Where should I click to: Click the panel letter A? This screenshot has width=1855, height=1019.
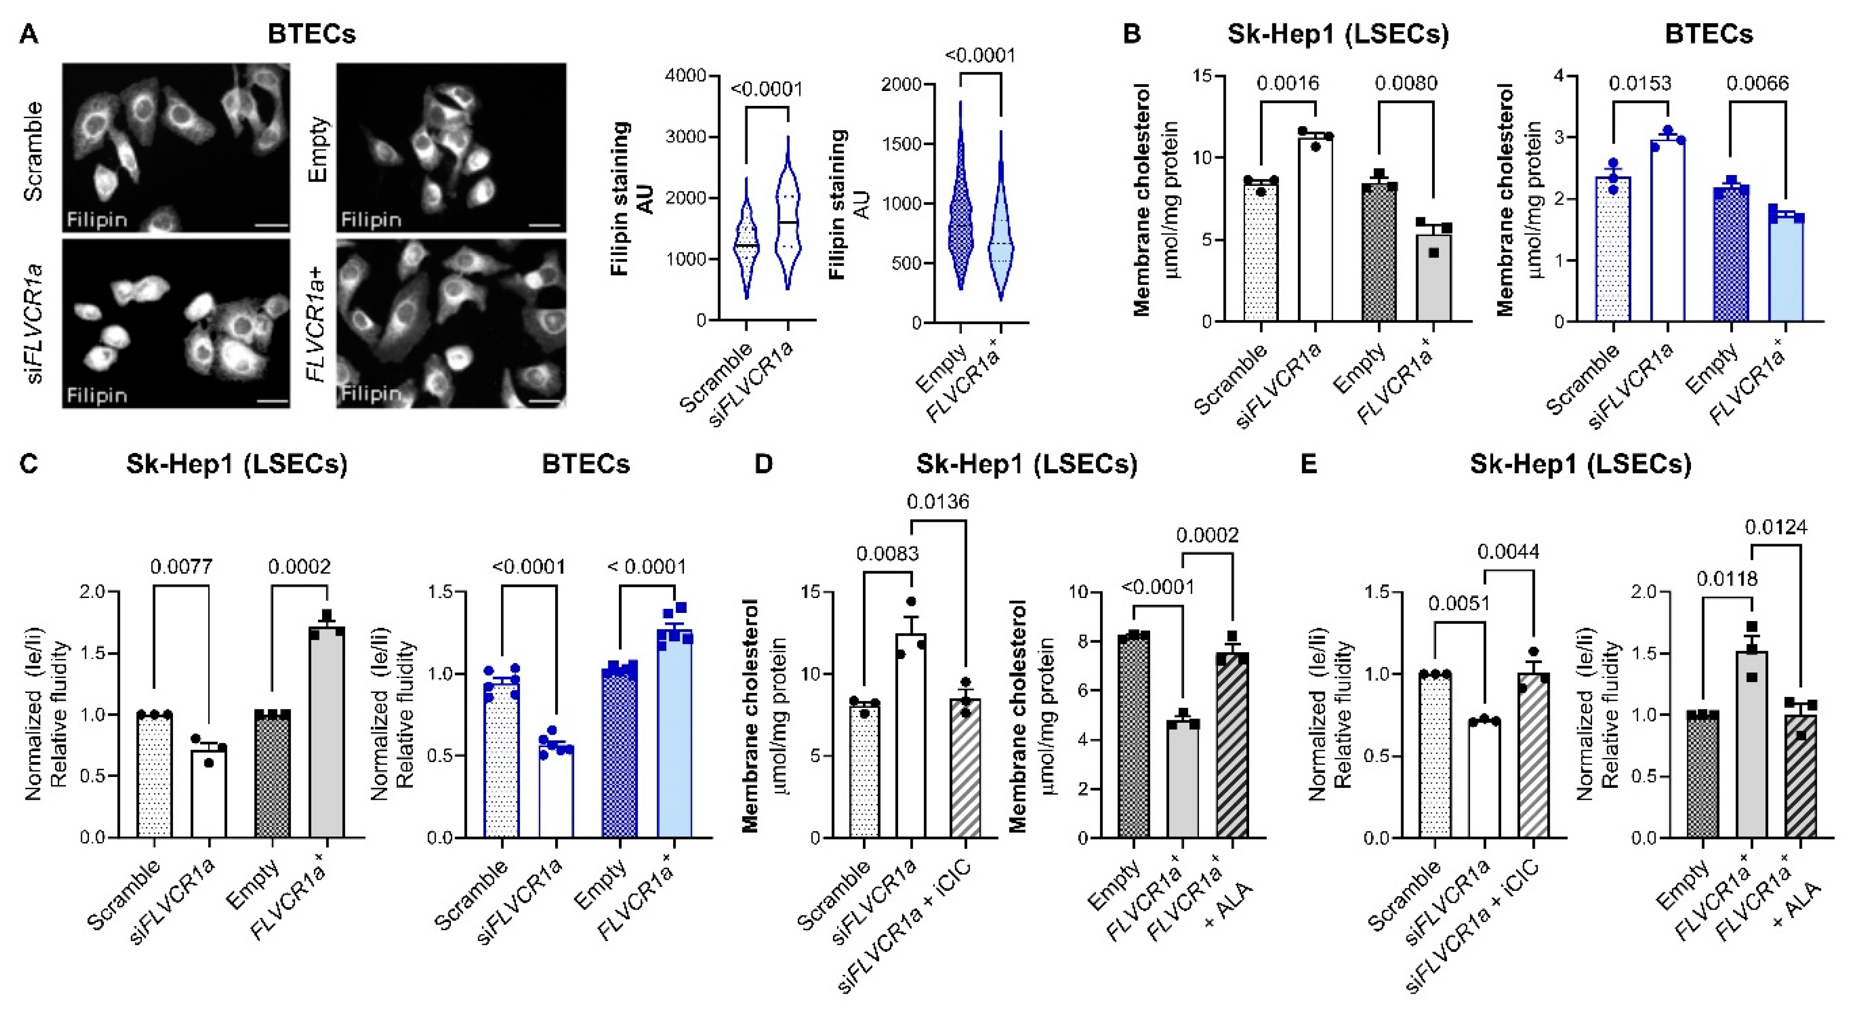point(29,34)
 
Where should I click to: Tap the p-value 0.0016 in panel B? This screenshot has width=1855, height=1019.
point(1287,84)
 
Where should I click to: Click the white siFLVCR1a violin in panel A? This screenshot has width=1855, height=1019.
point(789,231)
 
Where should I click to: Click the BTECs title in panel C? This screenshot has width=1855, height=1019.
point(586,464)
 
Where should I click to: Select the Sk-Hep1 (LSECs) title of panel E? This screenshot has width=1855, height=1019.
point(1580,464)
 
